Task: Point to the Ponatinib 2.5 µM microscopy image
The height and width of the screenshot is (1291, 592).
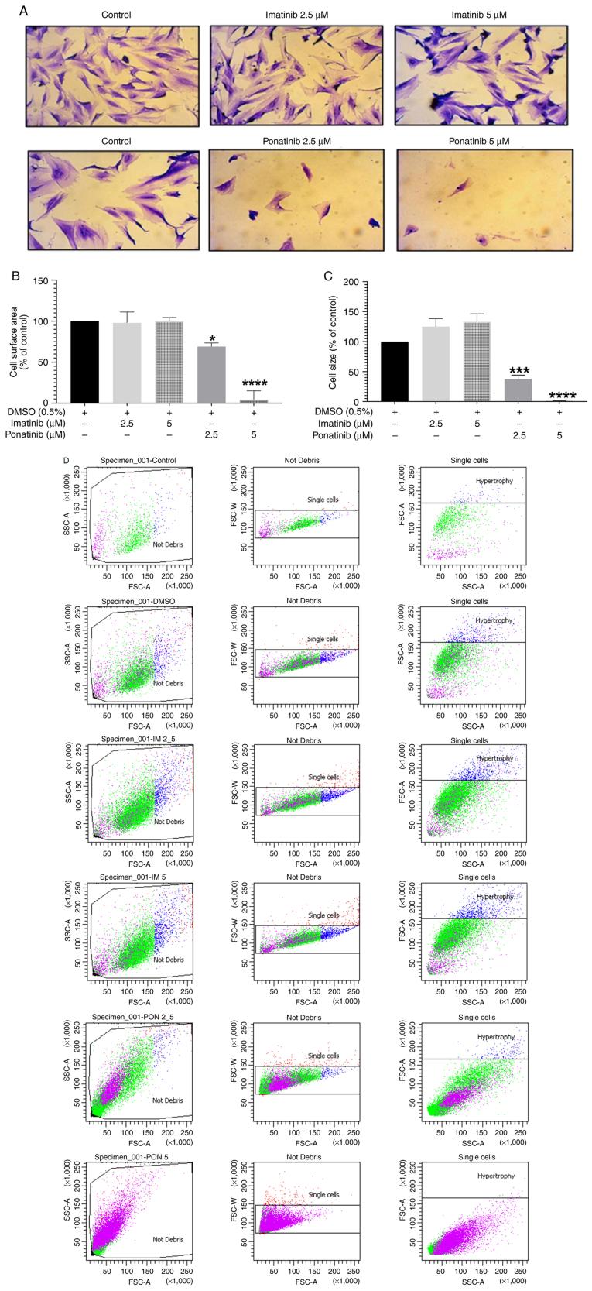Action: [296, 198]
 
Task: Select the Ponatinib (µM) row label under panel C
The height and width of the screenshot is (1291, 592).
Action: [347, 436]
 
